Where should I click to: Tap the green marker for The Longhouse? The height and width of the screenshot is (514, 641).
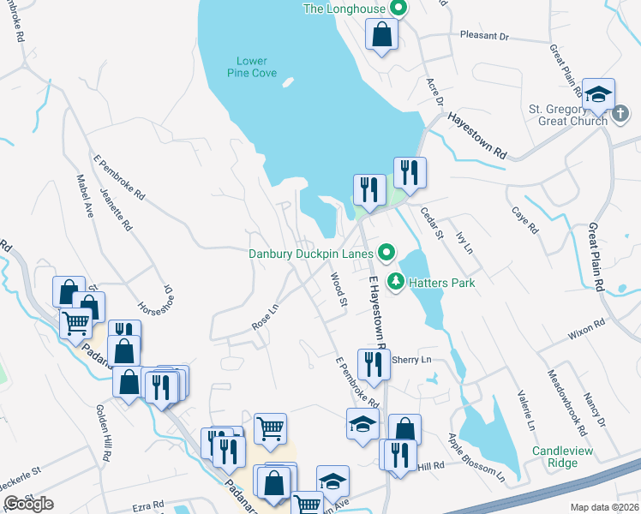(x=397, y=9)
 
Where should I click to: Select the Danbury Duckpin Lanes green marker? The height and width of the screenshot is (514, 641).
(x=386, y=253)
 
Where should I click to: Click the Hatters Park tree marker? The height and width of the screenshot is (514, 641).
(x=396, y=281)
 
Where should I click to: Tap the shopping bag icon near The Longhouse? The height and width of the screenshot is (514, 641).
(x=382, y=35)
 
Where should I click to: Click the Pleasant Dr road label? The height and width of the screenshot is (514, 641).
(x=484, y=38)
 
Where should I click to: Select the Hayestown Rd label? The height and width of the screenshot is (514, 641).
(x=476, y=136)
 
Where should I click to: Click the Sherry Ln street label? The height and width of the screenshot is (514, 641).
(x=409, y=361)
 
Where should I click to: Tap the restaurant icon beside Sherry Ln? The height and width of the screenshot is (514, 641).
(x=373, y=364)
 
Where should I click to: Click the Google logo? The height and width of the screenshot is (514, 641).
(x=28, y=504)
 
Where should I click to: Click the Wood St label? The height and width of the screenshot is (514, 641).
(x=338, y=290)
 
